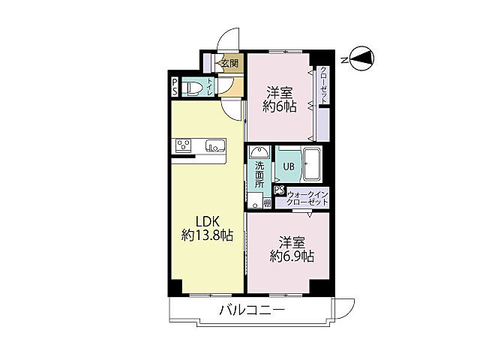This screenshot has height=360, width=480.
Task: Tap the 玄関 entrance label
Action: tap(229, 64)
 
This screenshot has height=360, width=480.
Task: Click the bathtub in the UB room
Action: tap(311, 163)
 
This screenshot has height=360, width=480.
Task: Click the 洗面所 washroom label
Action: tap(259, 175)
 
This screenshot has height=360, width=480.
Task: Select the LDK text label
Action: tap(208, 221)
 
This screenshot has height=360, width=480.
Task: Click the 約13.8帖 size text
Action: tap(207, 235)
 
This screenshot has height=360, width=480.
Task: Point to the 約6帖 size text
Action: tap(279, 106)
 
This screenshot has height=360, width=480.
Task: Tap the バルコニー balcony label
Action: tap(252, 310)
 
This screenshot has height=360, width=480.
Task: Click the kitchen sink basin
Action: tap(212, 146)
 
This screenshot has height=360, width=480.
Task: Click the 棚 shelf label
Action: tap(266, 203)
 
